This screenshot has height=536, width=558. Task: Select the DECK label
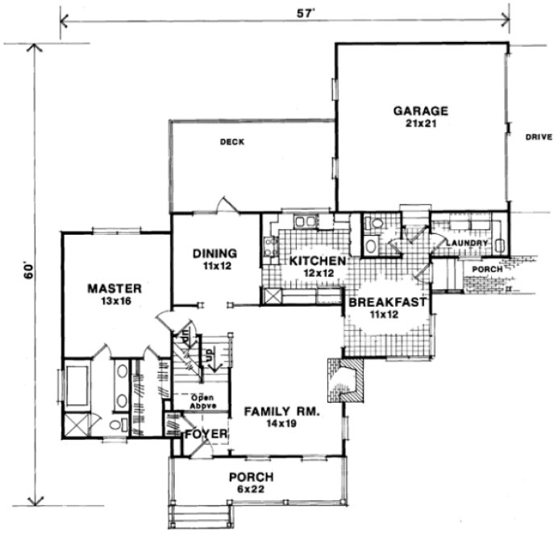(232, 142)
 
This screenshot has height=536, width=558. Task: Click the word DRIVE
(538, 137)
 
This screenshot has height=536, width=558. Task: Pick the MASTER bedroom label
(115, 288)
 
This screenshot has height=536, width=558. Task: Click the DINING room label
(214, 253)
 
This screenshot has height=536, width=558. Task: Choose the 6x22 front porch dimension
(250, 488)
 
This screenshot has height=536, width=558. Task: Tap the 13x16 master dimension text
(115, 301)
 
